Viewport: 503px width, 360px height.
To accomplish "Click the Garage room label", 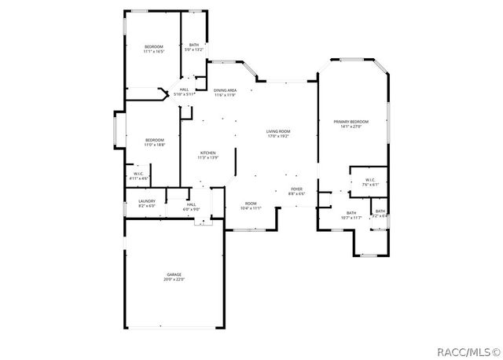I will coord(173,274).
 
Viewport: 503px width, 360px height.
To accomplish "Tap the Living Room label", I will coord(277,131).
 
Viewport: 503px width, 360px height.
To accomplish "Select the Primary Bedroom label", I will coord(351,121).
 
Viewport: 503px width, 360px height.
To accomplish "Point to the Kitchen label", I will coord(207,152).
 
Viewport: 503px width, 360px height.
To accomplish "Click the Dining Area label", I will coord(226,90).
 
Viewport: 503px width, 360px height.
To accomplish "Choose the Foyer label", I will coord(297,189).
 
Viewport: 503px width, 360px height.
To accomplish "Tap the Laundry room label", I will coord(147,200).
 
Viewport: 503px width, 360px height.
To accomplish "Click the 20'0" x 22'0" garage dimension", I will coord(173,279).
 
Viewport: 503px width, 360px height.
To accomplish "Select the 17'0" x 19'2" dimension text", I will coord(277,136).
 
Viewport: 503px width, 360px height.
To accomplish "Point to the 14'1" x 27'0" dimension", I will coord(351,126).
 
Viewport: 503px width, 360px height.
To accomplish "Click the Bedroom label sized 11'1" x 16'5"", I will coord(153,47).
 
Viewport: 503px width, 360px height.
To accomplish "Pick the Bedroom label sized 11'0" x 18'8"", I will coord(154,140).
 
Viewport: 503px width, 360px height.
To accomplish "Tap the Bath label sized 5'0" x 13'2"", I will coord(194,45).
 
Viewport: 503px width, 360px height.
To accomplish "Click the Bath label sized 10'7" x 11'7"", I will coord(351,212).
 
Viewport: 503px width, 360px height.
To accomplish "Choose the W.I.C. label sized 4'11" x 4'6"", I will coord(138,174).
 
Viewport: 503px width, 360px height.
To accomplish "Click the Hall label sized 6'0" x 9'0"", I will coord(191,204).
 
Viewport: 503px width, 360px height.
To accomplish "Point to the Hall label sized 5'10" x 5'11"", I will coord(184,90).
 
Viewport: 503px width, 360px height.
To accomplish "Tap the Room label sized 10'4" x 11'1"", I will coord(251,204).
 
